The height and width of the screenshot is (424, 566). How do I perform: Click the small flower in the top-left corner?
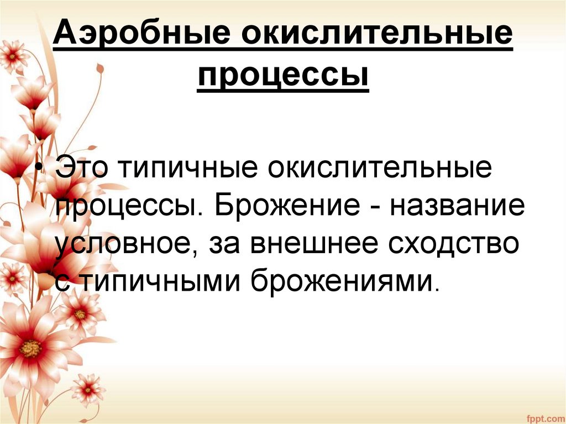[x=12, y=56]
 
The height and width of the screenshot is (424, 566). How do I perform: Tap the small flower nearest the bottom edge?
[x=87, y=390]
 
